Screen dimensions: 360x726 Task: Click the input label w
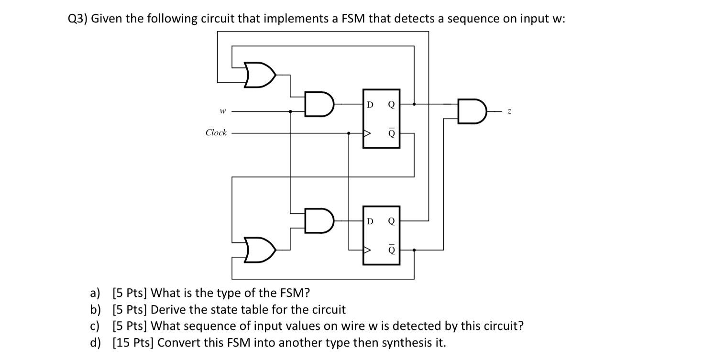pos(221,112)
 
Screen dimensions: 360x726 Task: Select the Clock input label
pos(216,133)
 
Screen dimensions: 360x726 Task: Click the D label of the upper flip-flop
pos(369,104)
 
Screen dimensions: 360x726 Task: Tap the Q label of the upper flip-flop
pos(391,104)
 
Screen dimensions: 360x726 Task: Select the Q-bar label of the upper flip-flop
pos(391,133)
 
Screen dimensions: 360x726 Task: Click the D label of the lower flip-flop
pos(369,221)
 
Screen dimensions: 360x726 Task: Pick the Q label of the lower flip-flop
pos(391,221)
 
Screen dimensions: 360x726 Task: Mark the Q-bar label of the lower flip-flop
pos(391,249)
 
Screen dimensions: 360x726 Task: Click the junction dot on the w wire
pos(290,112)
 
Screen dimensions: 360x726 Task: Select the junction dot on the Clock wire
pos(349,133)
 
